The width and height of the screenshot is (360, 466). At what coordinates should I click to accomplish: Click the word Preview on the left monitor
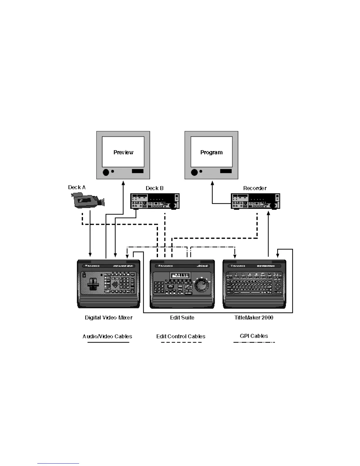123,152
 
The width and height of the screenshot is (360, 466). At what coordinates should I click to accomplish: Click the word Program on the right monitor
211,152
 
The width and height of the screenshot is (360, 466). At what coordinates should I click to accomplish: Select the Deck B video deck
155,201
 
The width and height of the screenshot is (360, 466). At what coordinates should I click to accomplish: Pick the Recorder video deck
255,201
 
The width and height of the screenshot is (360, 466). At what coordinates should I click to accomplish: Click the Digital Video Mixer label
109,318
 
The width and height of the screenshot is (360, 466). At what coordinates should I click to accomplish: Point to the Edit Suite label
182,318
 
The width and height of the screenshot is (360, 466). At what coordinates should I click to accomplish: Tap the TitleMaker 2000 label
254,318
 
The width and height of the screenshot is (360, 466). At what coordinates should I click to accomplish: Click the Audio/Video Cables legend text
107,337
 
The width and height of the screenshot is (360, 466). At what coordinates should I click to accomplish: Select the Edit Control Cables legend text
181,337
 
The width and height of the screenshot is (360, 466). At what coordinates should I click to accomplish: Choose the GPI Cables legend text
254,336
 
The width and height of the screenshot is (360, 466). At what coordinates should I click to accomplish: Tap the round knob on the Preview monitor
106,172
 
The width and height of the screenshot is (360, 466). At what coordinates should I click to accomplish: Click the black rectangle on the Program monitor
226,171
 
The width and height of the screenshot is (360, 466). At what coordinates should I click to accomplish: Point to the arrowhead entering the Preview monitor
123,183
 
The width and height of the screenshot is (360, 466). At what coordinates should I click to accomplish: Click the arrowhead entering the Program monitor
212,183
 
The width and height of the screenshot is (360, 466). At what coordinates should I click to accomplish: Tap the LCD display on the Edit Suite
180,276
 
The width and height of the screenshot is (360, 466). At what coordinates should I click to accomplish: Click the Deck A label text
77,187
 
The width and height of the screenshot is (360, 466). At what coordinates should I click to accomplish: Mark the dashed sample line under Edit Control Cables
181,342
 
